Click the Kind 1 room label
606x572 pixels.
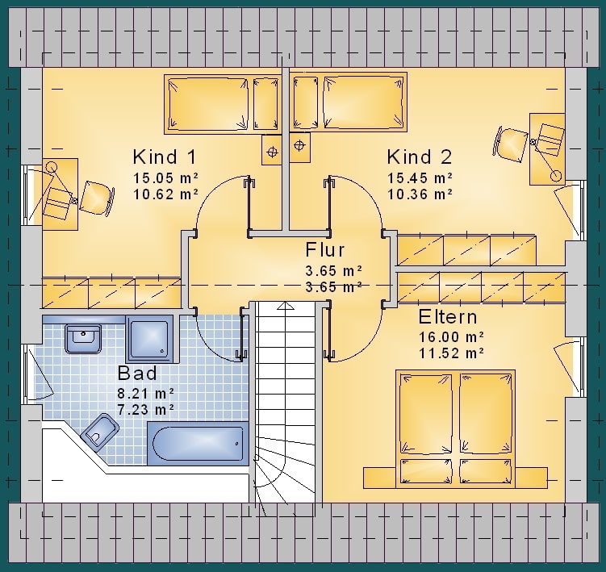click(x=165, y=157)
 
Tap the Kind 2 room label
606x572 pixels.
click(x=420, y=157)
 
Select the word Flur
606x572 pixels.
click(x=324, y=249)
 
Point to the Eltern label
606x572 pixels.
click(x=448, y=317)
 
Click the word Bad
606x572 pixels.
click(x=137, y=373)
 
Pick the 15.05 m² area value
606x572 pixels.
click(x=165, y=177)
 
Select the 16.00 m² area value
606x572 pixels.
click(x=451, y=337)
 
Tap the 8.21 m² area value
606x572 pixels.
click(x=146, y=394)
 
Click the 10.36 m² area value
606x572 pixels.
click(x=420, y=194)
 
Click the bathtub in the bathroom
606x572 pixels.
click(x=198, y=443)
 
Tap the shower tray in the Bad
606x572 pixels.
click(x=149, y=339)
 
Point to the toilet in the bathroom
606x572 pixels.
click(x=100, y=432)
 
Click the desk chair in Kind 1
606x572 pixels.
click(x=97, y=197)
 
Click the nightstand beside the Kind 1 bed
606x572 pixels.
click(x=272, y=150)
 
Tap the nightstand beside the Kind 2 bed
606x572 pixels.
click(x=299, y=148)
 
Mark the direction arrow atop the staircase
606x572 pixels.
click(x=286, y=306)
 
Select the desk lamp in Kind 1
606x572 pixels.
click(x=52, y=168)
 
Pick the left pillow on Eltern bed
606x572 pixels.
click(x=425, y=471)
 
